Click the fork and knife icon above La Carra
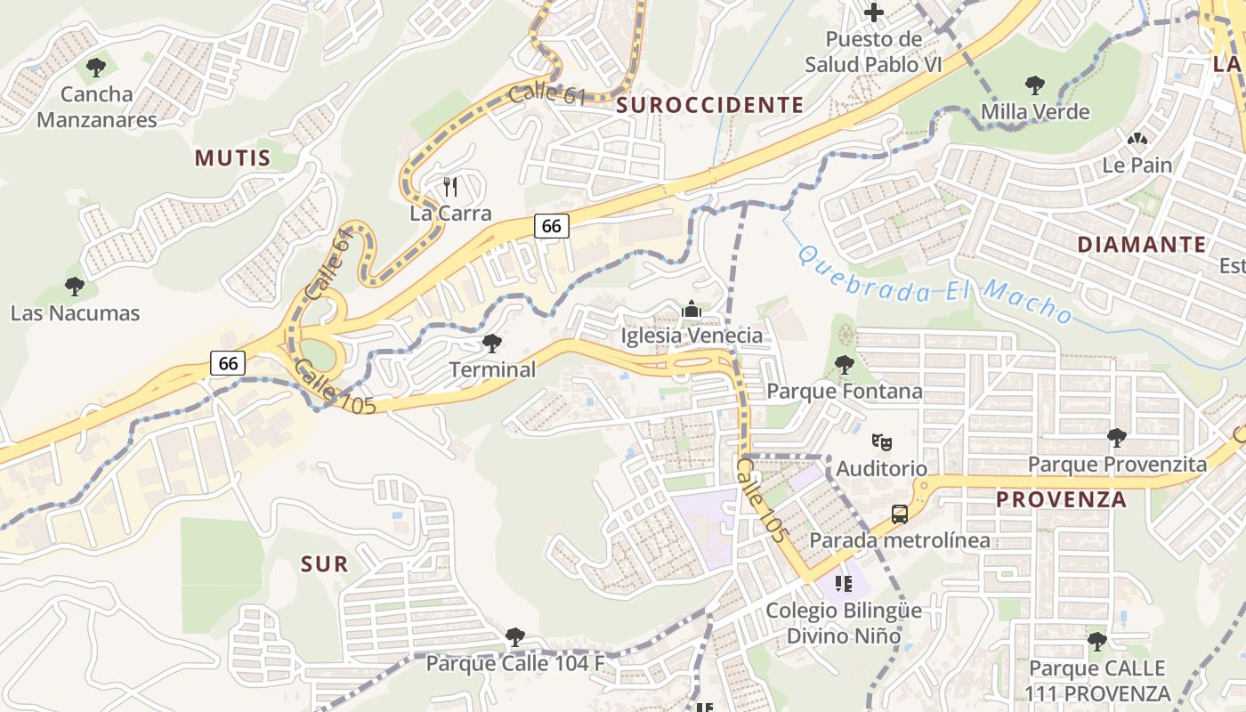point(450,187)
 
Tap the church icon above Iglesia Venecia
point(692,310)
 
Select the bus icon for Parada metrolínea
point(900,514)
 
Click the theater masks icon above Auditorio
point(881,441)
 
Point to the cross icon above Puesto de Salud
point(874,12)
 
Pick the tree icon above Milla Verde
point(1034,85)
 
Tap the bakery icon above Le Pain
point(1137,139)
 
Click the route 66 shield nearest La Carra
point(552,226)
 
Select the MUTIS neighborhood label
point(232,158)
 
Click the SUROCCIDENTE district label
point(709,105)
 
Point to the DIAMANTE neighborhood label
point(1141,245)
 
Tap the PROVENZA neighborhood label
point(1061,499)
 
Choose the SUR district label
point(324,564)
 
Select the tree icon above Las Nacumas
point(75,287)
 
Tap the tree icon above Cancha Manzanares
point(96,67)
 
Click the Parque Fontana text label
point(844,391)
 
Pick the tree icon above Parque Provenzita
point(1116,437)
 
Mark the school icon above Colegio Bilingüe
point(843,584)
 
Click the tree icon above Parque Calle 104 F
point(514,636)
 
